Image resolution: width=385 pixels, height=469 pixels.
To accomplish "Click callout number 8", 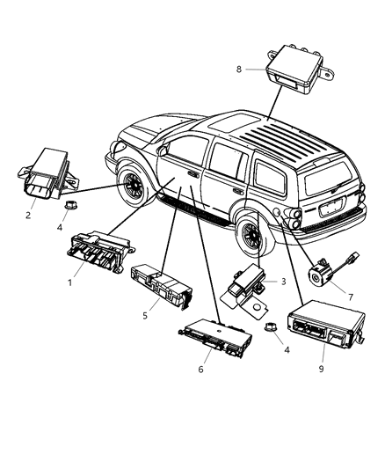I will [237, 68].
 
